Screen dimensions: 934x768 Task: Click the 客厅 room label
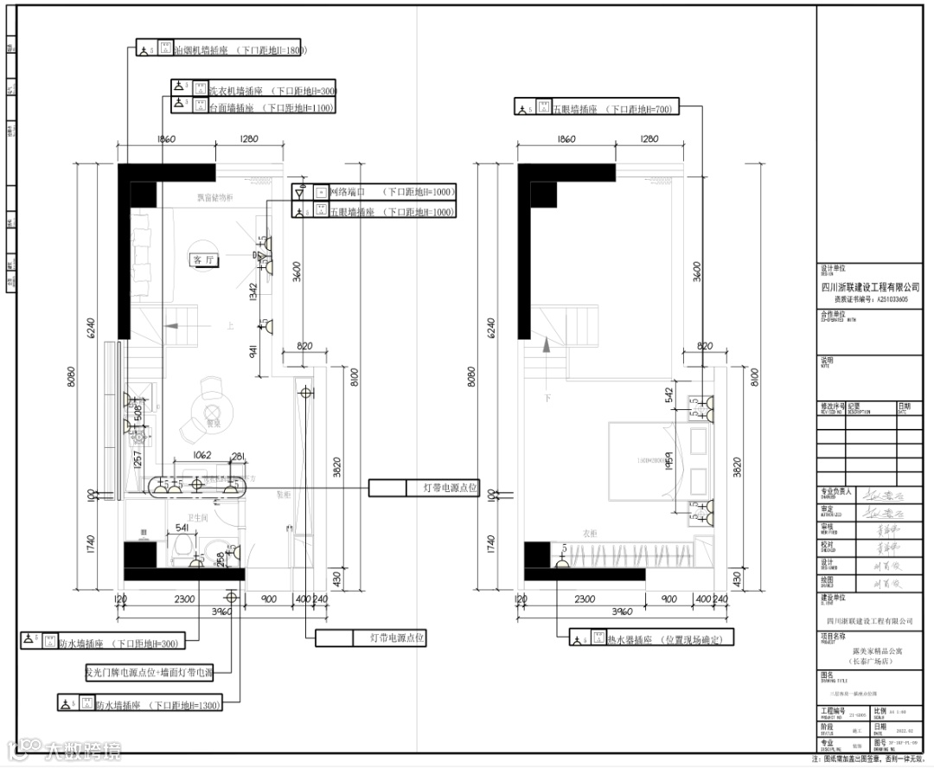(x=202, y=259)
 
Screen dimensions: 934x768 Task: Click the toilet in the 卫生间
(x=182, y=547)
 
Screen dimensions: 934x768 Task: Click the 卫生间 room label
(x=201, y=517)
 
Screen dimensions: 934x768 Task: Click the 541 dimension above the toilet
(x=182, y=528)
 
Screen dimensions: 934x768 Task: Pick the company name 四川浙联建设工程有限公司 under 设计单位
(x=869, y=287)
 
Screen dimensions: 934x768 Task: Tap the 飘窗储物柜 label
(x=220, y=198)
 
